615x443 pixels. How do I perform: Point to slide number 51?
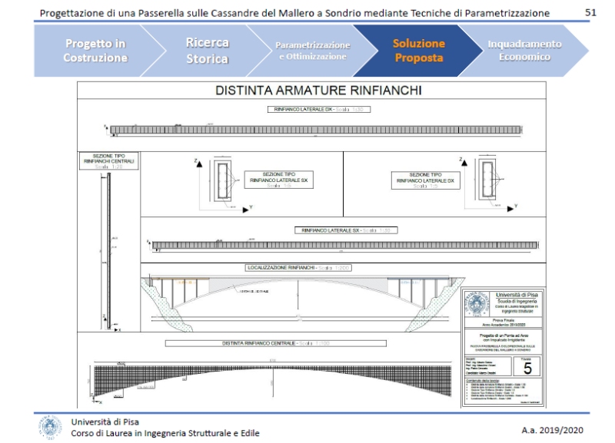pos(591,13)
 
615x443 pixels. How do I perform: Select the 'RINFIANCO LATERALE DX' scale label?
pos(317,110)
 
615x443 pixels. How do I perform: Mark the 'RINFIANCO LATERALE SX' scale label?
pos(346,230)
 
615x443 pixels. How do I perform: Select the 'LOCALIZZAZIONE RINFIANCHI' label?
pos(294,268)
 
